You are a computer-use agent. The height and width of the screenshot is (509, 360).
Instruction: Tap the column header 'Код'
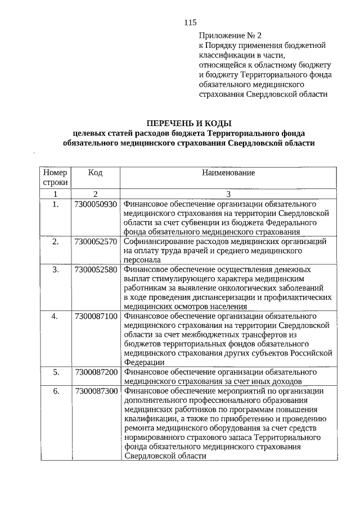95,173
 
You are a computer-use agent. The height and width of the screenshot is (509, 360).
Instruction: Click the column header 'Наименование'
228,173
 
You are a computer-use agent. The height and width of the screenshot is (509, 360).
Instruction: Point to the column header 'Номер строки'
55,177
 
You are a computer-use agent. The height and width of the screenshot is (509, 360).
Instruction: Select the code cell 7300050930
95,204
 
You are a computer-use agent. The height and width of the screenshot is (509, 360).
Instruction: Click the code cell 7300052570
95,241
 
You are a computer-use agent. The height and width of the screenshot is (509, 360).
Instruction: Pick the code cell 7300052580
95,270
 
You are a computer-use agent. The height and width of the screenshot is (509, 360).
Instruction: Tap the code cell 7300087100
95,317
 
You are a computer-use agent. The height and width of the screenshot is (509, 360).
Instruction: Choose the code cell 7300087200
95,372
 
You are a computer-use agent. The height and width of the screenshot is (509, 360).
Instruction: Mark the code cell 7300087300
95,391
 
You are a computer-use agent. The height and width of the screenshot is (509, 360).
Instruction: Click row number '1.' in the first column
55,204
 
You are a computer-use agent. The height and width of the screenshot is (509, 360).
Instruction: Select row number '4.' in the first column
55,317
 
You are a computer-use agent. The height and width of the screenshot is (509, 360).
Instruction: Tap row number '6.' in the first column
55,391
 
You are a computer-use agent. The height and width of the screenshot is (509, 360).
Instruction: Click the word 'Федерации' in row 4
143,363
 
